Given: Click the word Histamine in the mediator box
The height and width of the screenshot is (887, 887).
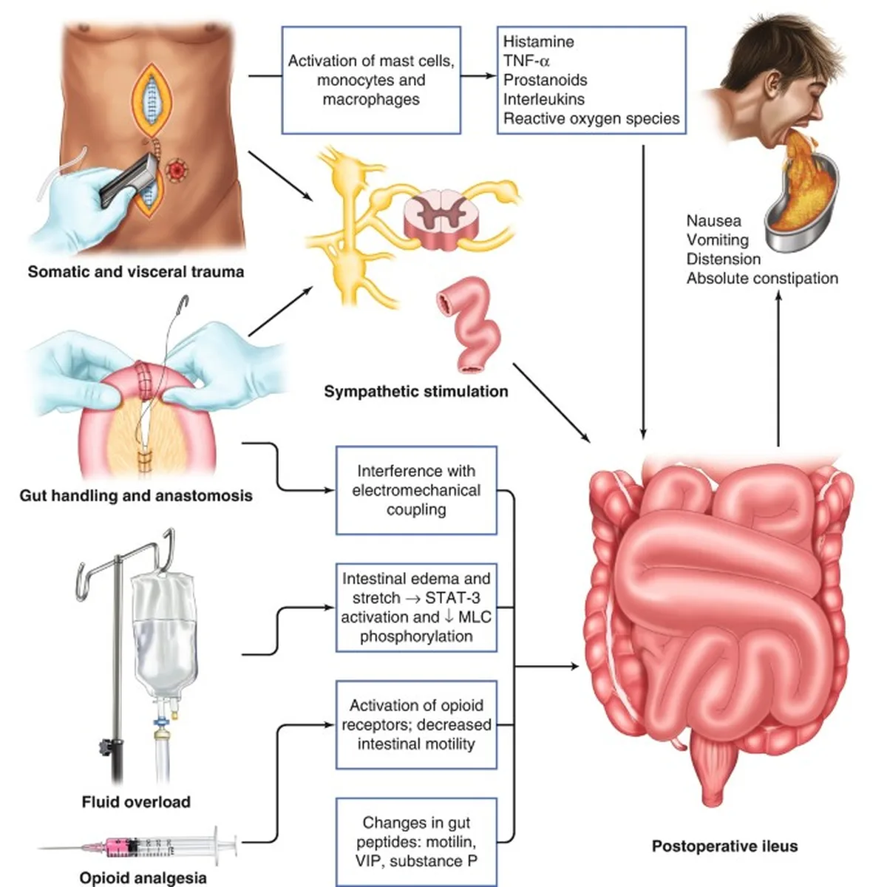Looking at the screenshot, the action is pyautogui.click(x=538, y=42).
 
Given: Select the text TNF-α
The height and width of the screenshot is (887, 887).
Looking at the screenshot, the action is pyautogui.click(x=526, y=61).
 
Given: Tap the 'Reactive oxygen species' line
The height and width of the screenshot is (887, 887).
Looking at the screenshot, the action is pyautogui.click(x=591, y=119).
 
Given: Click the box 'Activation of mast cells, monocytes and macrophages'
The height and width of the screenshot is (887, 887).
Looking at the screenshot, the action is pyautogui.click(x=371, y=80).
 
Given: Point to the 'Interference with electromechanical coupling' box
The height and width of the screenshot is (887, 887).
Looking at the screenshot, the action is pyautogui.click(x=416, y=490).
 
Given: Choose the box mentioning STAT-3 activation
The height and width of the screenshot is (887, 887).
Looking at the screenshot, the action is pyautogui.click(x=416, y=607).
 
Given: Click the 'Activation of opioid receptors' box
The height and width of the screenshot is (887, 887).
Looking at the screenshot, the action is pyautogui.click(x=416, y=724).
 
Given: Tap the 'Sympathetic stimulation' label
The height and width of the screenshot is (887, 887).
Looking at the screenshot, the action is pyautogui.click(x=416, y=391).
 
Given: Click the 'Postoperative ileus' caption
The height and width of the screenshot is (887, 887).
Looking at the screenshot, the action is pyautogui.click(x=725, y=846).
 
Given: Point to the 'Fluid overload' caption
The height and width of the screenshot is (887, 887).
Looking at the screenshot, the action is pyautogui.click(x=136, y=802).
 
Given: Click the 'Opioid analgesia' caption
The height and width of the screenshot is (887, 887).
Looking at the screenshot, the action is pyautogui.click(x=143, y=878).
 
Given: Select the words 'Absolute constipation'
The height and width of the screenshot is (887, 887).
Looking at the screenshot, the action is pyautogui.click(x=762, y=279).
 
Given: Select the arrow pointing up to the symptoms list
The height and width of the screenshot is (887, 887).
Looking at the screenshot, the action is pyautogui.click(x=778, y=368).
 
